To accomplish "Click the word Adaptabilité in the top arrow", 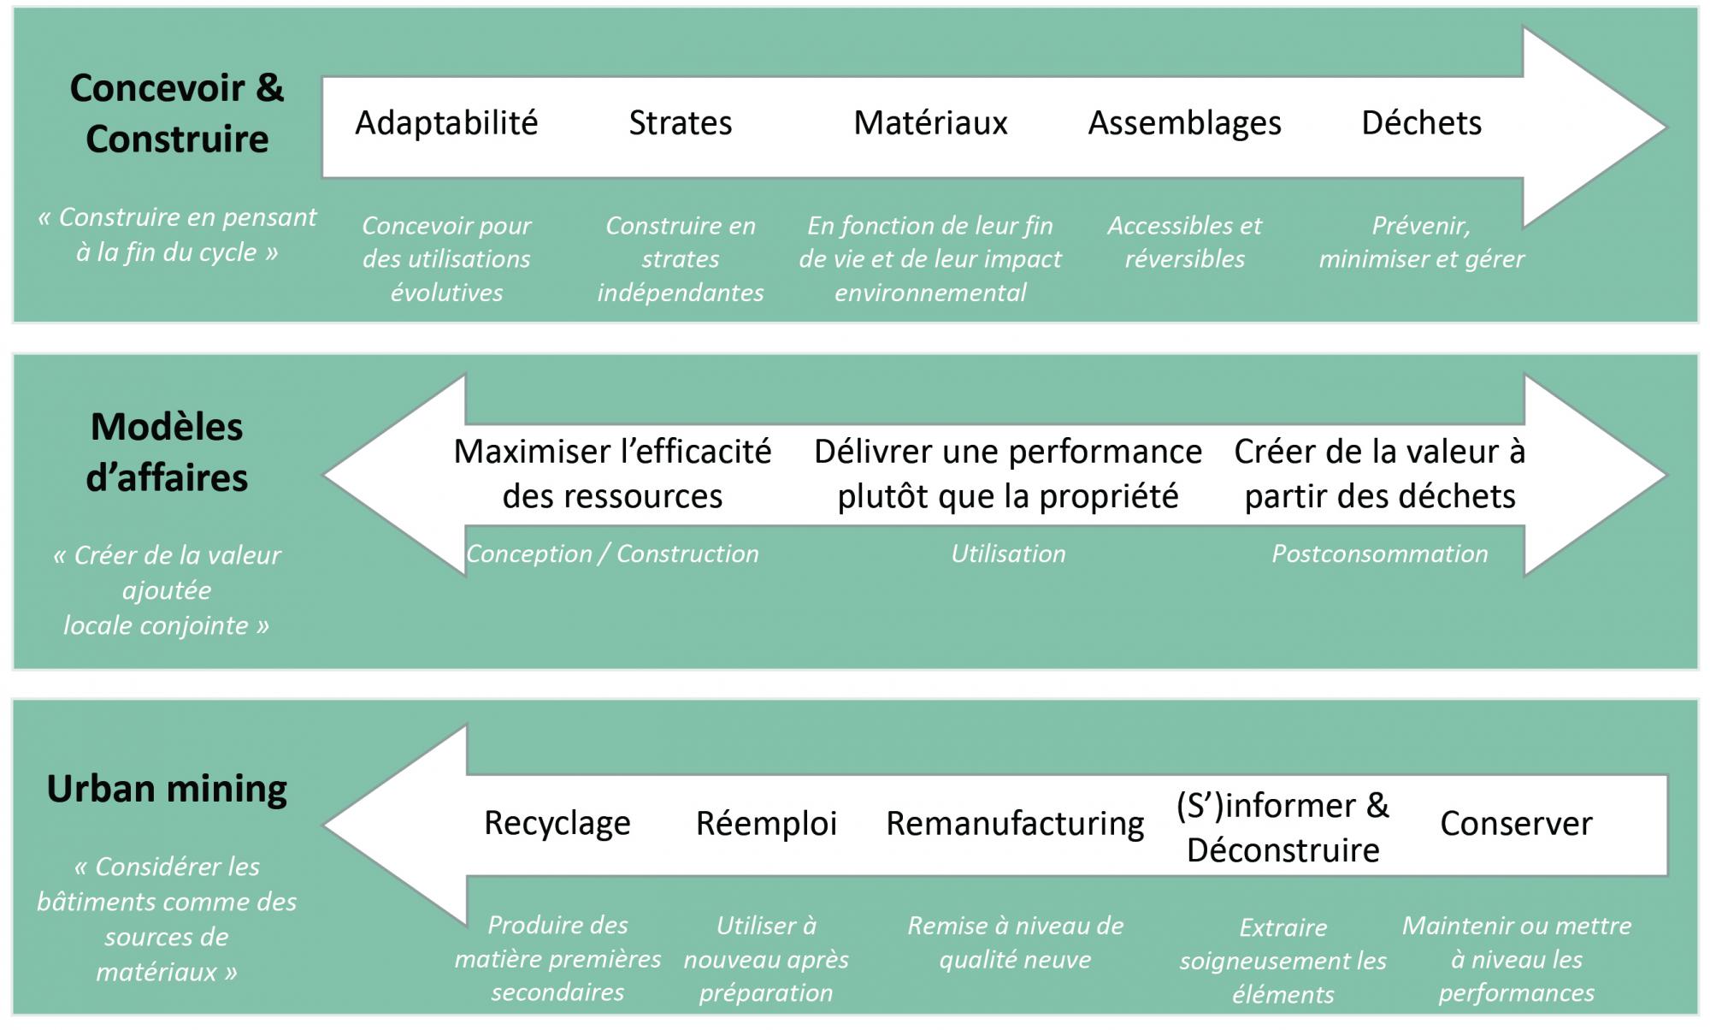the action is (x=446, y=123).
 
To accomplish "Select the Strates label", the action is (x=681, y=123).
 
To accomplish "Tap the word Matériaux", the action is (x=930, y=123).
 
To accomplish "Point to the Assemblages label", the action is (x=1184, y=124).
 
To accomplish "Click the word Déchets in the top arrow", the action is (x=1421, y=123).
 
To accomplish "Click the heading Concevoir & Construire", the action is (x=177, y=114).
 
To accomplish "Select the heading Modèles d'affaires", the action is (x=167, y=453).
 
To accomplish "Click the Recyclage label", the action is (x=557, y=824).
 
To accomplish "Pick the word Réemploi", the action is (x=766, y=823).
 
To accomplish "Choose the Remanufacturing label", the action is (x=1015, y=824).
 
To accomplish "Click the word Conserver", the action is (x=1516, y=824).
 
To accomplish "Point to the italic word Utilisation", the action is (x=1008, y=554).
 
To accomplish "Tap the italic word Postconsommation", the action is (x=1379, y=554).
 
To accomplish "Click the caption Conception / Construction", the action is (x=612, y=554).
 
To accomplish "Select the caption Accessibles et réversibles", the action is (x=1184, y=242).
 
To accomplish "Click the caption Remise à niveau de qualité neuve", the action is (x=1015, y=943).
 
